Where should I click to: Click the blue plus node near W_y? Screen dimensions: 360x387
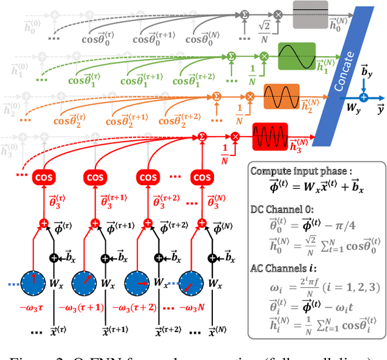pyautogui.click(x=363, y=97)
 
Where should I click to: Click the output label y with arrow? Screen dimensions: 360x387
pyautogui.click(x=379, y=110)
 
